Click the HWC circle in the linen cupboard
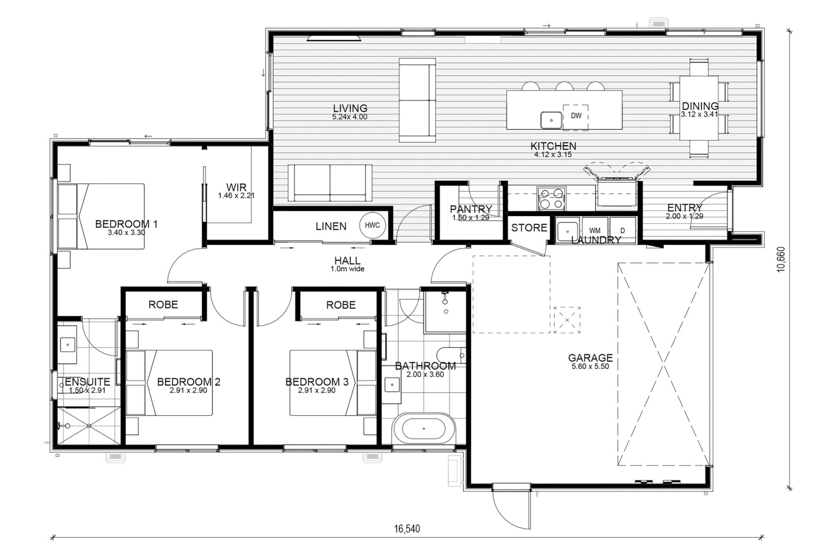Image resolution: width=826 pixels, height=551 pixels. coord(372,225)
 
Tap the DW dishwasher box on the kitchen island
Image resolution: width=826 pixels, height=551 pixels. coord(576,118)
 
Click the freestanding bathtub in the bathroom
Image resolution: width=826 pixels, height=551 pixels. coord(424,429)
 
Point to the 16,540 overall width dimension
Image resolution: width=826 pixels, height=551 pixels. coord(407,529)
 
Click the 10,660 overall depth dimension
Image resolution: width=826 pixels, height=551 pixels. coord(780,260)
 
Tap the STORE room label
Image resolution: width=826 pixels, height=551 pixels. coord(529,228)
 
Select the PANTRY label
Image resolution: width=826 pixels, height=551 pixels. coord(471,209)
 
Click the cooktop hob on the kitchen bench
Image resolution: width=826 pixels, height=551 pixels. coord(551,199)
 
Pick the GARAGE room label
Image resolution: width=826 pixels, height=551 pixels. coord(590,358)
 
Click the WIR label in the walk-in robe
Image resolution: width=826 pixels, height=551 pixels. coord(236,187)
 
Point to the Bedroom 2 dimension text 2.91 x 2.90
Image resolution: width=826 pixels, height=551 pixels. coord(188,390)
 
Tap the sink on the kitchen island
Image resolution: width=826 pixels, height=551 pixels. coord(551,120)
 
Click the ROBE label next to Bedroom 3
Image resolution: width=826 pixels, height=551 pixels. coord(341,305)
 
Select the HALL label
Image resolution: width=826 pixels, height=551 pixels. coord(347,261)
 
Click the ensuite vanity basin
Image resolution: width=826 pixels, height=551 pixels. coord(67,345)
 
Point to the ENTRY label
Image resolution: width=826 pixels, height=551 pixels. coord(685,208)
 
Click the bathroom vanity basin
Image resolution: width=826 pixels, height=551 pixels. coord(392,385)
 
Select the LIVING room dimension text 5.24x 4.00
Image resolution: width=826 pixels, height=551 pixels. coord(349,117)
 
